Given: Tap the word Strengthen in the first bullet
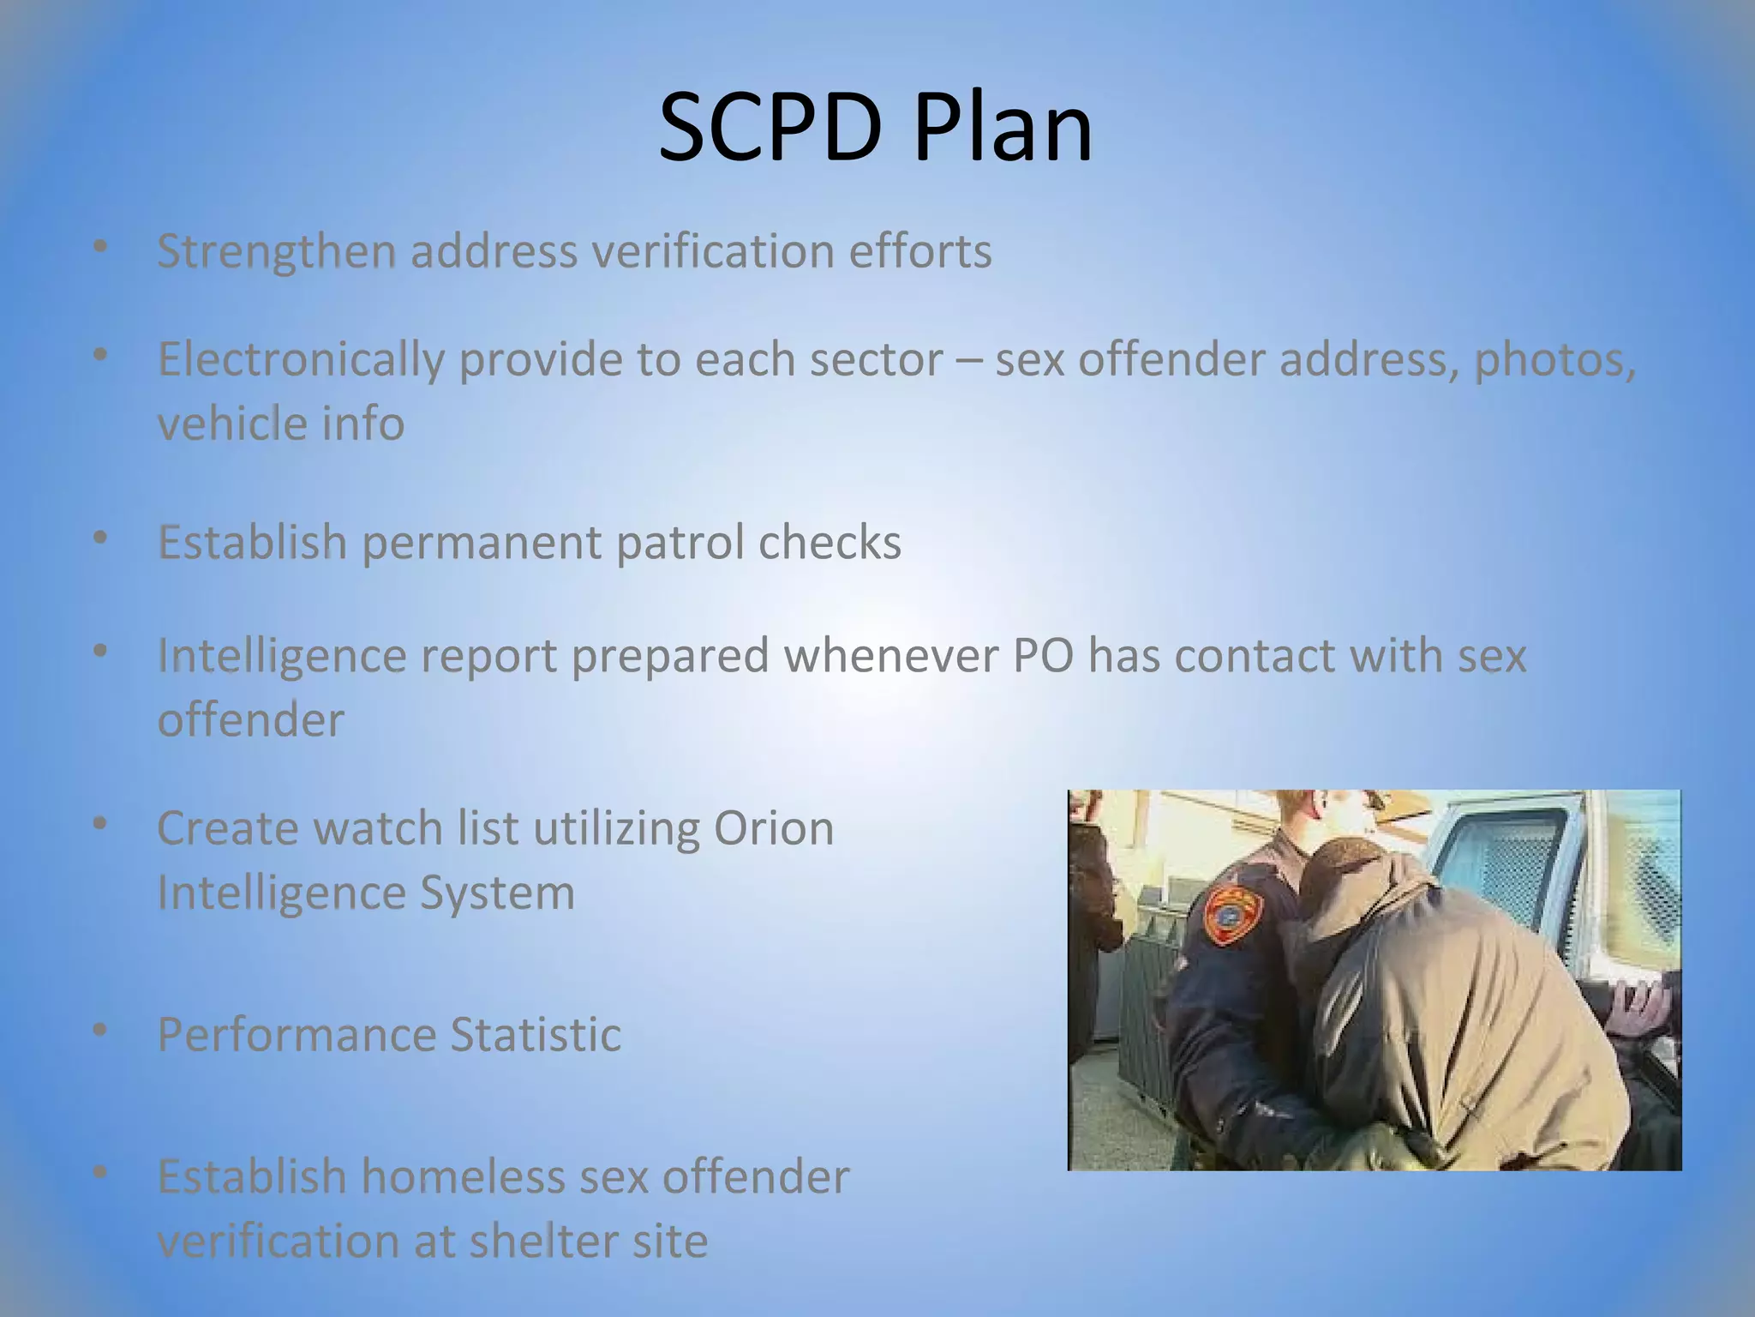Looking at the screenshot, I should [x=276, y=253].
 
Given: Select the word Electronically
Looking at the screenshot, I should [x=301, y=360].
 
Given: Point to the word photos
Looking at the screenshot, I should [x=1554, y=360].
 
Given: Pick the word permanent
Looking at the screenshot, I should [x=481, y=543].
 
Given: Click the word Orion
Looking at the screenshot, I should [x=773, y=828].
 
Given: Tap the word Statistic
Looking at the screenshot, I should [x=536, y=1035].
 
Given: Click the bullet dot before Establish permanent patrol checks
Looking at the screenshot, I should [x=101, y=538].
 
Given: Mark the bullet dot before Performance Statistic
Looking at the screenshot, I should [x=101, y=1030].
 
